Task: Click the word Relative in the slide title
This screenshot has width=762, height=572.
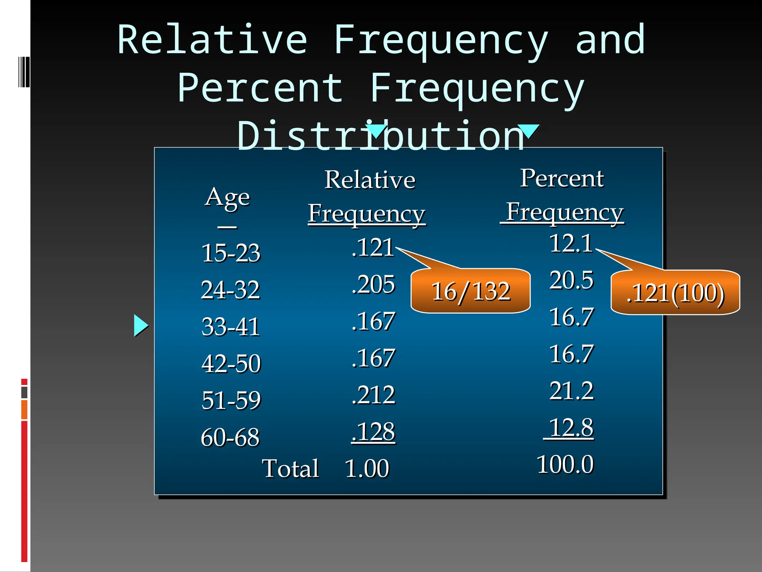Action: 212,40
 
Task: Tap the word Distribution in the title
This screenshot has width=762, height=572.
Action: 380,136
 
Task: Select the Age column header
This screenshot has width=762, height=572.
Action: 227,197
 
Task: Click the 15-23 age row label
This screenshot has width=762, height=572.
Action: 231,253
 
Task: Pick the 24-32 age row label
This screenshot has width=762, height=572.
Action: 230,290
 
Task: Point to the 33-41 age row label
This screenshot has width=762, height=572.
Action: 230,327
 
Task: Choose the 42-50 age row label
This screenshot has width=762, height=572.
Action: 231,363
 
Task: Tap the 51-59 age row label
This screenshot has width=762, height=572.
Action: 231,400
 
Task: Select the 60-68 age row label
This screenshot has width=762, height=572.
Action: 230,437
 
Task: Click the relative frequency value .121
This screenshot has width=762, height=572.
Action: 373,247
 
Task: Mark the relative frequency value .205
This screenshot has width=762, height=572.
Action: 373,285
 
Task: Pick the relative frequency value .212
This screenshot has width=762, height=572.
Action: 373,395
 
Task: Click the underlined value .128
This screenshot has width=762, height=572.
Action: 373,432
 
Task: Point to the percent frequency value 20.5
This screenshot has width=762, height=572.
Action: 571,280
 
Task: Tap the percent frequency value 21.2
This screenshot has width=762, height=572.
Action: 571,391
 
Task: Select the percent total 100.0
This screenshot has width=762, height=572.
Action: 565,465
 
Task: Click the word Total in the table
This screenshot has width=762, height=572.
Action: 291,468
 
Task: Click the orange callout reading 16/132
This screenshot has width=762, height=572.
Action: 470,291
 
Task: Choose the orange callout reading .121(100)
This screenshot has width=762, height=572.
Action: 675,293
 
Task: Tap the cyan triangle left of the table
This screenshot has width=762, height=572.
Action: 141,325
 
